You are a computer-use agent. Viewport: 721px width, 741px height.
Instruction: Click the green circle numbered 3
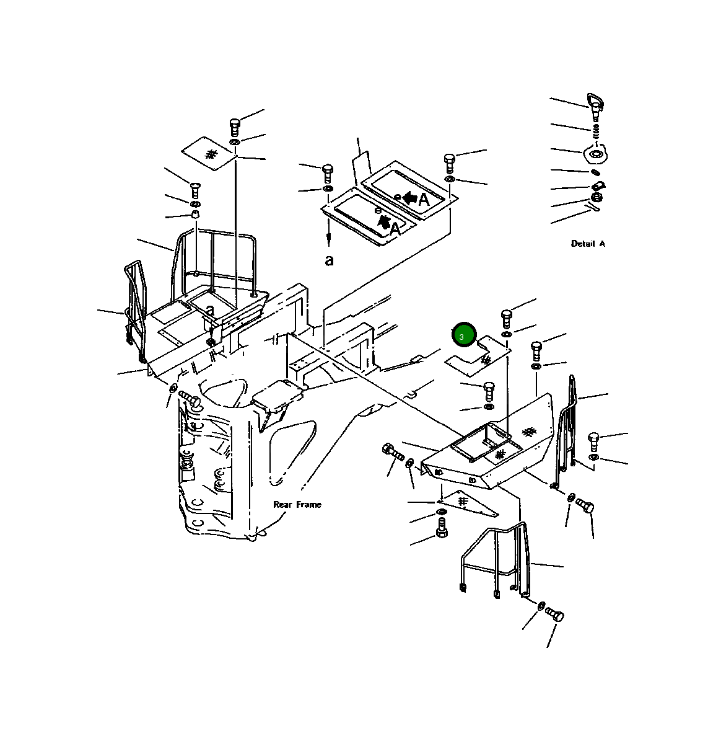(464, 335)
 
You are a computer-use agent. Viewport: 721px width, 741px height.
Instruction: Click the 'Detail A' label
(588, 244)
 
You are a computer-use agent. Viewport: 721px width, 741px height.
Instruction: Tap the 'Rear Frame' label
(297, 505)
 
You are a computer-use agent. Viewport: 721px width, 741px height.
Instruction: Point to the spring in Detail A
(596, 131)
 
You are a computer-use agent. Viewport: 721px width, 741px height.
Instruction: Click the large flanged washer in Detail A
(595, 154)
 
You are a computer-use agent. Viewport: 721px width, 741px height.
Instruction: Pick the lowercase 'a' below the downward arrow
(329, 260)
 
